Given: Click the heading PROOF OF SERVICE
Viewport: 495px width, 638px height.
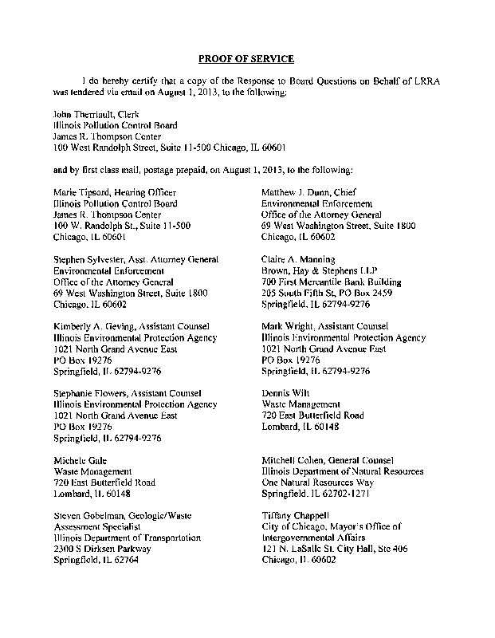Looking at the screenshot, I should [246, 59].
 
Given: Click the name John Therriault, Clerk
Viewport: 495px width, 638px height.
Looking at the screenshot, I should [95, 115].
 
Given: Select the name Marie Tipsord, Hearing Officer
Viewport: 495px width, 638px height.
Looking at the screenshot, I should [114, 193].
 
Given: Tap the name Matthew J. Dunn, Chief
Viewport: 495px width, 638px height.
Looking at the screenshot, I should [309, 193].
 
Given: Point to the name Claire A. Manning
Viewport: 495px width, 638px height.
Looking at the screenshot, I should [298, 260].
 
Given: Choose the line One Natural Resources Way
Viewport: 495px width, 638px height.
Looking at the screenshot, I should [318, 483].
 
